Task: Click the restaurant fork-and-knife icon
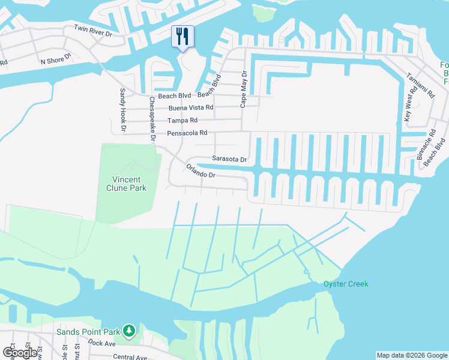tap(182, 36)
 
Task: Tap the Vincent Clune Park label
tap(127, 184)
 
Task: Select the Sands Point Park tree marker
tap(128, 331)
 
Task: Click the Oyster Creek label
tap(345, 284)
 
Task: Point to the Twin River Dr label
tap(93, 31)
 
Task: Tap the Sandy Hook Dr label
tap(122, 110)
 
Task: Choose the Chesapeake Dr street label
tap(152, 119)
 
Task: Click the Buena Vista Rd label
tap(190, 108)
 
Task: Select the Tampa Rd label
tap(182, 121)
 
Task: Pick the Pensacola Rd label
tap(187, 133)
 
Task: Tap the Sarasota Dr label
tap(229, 160)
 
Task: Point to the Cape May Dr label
tap(244, 89)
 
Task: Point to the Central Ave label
tap(130, 357)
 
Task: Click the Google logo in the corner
tap(19, 353)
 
